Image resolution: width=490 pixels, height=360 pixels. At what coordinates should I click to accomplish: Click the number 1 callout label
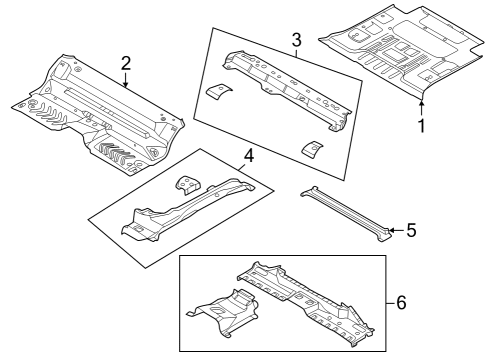(421, 127)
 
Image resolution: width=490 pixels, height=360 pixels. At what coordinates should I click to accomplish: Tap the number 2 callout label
(126, 63)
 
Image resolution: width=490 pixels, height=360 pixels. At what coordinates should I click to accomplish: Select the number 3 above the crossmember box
(295, 39)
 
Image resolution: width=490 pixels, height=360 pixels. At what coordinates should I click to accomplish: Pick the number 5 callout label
(410, 231)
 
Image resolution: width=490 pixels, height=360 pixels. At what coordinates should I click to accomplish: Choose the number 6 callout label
(401, 301)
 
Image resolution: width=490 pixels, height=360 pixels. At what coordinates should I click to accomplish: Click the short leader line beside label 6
(388, 301)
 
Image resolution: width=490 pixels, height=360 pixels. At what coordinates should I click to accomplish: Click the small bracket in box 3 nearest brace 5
(314, 148)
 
